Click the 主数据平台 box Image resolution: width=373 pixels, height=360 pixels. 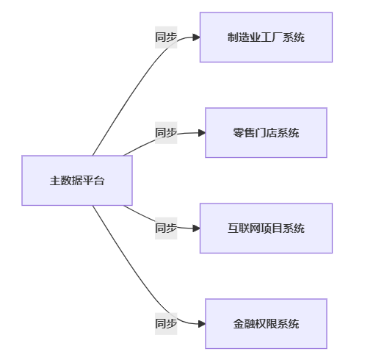point(77,181)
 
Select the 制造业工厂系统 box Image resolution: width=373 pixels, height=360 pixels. point(266,37)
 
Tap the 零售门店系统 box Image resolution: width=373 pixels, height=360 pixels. point(266,133)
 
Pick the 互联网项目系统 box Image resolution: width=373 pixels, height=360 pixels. point(266,228)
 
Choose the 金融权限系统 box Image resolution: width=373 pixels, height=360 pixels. point(266,324)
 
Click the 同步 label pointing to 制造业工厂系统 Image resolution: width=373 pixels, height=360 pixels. point(166,37)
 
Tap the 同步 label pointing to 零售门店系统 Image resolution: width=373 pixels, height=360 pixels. point(166,133)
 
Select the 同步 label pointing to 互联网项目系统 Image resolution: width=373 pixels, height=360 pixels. point(166,228)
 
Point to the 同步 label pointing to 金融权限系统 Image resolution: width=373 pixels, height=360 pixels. point(166,324)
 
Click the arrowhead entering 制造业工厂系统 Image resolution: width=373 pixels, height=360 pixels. point(197,37)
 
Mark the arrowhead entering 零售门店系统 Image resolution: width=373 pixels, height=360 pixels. point(202,133)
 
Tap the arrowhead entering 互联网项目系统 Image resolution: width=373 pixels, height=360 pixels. point(197,228)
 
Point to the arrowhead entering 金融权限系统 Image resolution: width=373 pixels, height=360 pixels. point(202,324)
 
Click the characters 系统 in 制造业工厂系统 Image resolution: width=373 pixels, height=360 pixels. point(294,37)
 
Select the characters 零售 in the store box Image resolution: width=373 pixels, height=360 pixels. point(244,133)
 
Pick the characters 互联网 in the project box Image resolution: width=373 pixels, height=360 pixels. point(244,228)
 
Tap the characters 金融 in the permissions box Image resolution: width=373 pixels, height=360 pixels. point(244,324)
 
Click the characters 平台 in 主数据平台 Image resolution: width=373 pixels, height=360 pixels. point(94,181)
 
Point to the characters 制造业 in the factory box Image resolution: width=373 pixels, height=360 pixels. point(244,37)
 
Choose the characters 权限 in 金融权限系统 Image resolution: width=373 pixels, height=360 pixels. point(266,324)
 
